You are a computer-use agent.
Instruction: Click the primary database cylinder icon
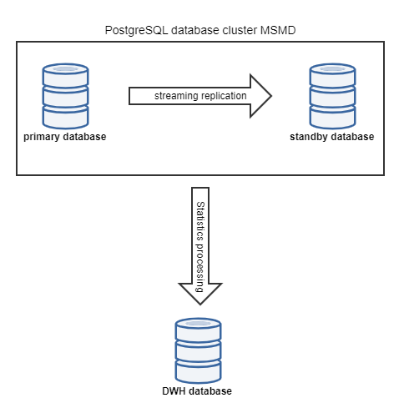point(66,93)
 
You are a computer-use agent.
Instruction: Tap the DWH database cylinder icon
point(197,348)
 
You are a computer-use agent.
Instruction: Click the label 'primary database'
point(66,137)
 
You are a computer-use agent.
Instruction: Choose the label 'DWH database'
point(197,390)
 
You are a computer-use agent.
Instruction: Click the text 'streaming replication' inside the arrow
point(200,96)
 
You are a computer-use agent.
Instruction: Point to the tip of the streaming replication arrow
point(272,96)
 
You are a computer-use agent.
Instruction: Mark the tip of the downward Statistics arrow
point(200,304)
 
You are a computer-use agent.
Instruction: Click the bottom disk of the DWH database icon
point(197,369)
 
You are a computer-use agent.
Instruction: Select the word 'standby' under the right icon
point(314,137)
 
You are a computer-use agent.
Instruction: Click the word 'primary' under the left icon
point(43,137)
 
